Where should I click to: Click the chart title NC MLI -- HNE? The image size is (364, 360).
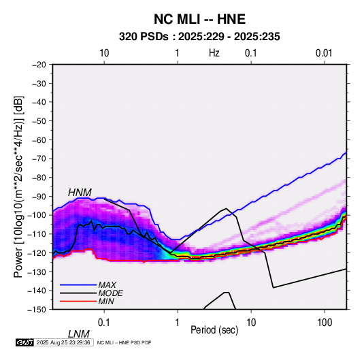199,19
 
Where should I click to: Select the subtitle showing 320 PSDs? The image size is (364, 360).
199,37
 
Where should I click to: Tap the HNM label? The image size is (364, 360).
80,193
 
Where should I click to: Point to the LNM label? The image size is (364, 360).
78,334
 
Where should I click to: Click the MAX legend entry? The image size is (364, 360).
107,284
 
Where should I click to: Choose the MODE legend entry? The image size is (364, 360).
110,293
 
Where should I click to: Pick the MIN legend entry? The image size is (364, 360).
106,301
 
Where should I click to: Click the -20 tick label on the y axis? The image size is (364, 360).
39,65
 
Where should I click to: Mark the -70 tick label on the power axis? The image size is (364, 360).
39,159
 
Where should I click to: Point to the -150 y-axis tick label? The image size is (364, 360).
37,310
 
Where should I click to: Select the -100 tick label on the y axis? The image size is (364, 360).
37,215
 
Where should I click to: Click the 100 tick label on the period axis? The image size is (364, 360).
325,323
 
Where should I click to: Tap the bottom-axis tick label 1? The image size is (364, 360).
178,323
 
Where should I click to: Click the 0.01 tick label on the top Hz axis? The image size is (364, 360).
324,53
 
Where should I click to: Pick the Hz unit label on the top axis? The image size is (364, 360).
214,53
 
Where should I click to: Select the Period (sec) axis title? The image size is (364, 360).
214,330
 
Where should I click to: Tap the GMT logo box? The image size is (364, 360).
24,342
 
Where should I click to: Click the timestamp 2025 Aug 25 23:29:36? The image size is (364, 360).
63,342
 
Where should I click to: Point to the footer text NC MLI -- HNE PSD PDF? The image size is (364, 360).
124,343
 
